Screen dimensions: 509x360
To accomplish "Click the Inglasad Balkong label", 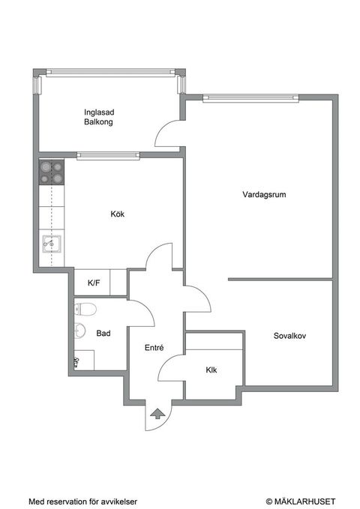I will (x=98, y=117).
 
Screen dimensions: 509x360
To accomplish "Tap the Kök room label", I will (x=117, y=214).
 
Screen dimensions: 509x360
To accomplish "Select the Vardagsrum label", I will (x=264, y=194).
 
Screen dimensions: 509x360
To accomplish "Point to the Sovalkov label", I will (x=289, y=335).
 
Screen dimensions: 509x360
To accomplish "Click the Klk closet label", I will (x=211, y=370).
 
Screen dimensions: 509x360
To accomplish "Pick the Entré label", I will (x=154, y=348).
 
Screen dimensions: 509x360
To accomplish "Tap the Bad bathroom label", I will (x=103, y=333).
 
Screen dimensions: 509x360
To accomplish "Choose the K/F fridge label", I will (x=94, y=283).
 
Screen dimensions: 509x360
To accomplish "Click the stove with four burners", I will (x=52, y=173).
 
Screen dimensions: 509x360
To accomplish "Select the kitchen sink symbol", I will (x=52, y=243).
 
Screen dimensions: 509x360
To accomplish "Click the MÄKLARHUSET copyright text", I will (x=300, y=501).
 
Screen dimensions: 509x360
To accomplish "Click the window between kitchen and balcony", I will (x=108, y=156).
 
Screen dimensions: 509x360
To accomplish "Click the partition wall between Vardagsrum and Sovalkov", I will (x=280, y=280).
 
